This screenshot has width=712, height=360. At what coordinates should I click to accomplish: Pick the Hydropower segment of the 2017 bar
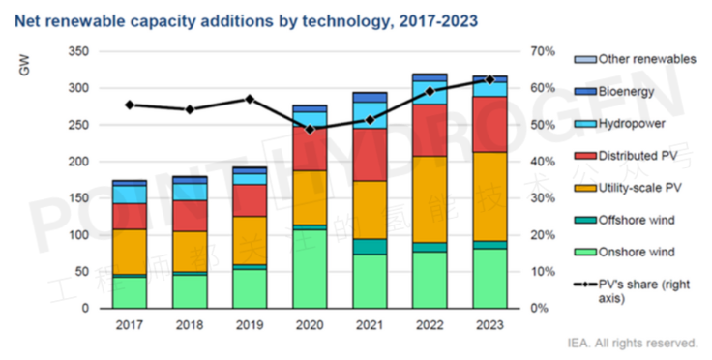tap(129, 194)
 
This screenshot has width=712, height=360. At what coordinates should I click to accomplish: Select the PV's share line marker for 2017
tap(129, 105)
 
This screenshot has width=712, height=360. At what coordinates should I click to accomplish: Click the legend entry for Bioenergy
tap(627, 91)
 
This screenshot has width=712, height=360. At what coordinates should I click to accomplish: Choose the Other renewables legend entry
tap(646, 59)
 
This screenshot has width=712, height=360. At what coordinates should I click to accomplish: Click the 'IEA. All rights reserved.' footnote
tap(633, 343)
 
